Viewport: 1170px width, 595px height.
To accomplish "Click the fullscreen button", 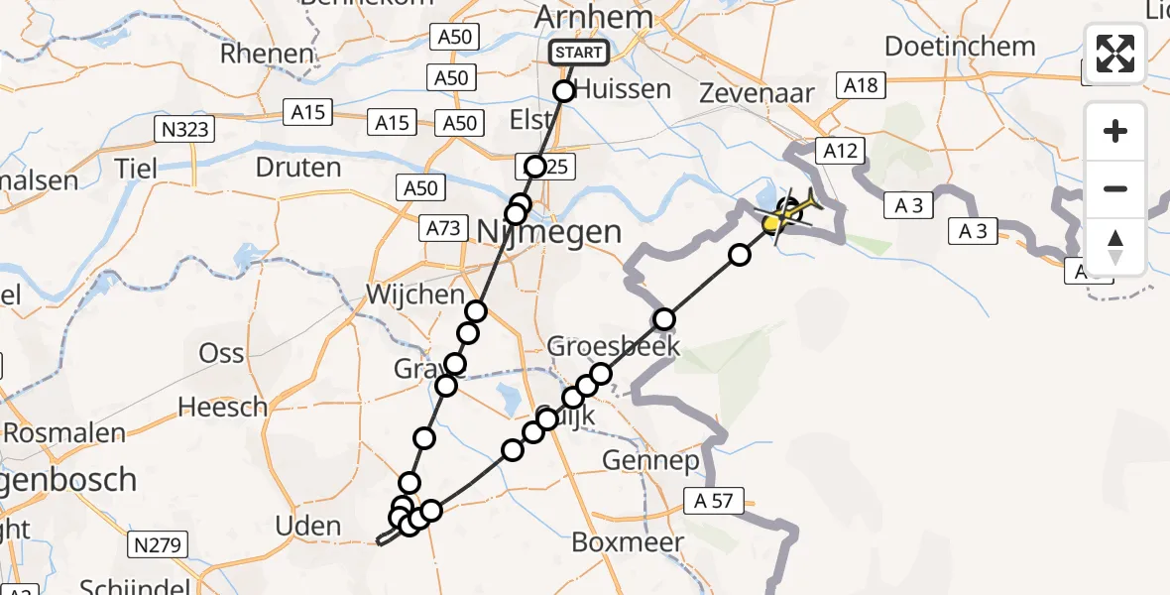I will click(x=1115, y=53).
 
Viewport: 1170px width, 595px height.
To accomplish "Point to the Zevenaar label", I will click(x=757, y=94).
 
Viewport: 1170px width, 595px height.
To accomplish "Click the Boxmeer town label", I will click(x=628, y=542).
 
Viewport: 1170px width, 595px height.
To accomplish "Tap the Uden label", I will click(x=308, y=527).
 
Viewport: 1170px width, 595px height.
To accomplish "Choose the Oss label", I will click(x=221, y=353).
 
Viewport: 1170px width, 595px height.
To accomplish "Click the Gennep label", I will click(x=649, y=461).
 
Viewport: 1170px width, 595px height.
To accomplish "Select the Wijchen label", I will click(x=414, y=295).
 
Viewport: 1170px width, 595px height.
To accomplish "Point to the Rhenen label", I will click(x=268, y=54).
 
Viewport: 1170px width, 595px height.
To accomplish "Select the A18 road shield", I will click(x=861, y=85).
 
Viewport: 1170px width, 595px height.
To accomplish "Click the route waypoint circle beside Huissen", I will click(x=564, y=91).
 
